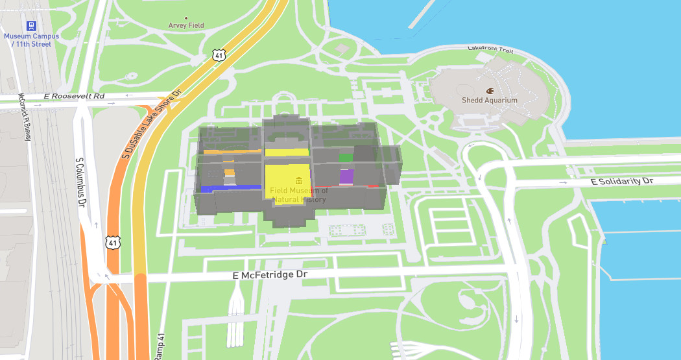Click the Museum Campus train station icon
tap(30, 26)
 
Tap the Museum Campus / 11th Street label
tap(31, 40)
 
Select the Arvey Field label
tap(186, 25)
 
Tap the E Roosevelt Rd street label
tap(74, 97)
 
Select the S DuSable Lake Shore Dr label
tap(153, 123)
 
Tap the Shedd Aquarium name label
tap(489, 101)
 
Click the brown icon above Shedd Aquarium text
tap(490, 90)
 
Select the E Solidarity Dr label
tap(622, 182)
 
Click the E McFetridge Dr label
tap(269, 276)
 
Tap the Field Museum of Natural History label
tap(299, 195)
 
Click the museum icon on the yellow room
tap(298, 180)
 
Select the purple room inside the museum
tap(346, 176)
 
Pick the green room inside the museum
tap(346, 158)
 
